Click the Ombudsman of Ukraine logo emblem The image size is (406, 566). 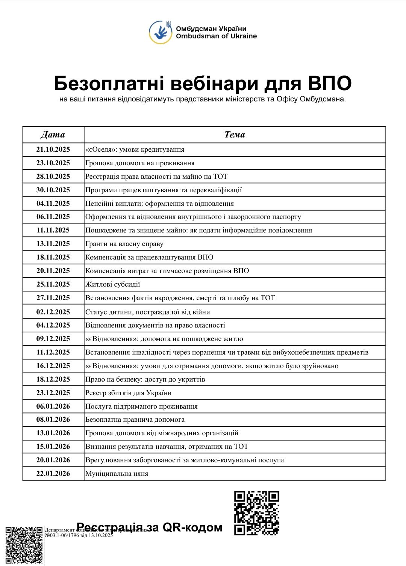tap(161, 32)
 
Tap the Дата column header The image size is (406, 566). tap(53, 134)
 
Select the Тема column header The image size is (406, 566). tap(235, 134)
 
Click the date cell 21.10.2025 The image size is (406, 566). tap(53, 149)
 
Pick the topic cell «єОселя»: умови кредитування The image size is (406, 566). tap(135, 149)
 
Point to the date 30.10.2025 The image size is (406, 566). tap(53, 190)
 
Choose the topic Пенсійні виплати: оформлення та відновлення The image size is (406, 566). tap(159, 204)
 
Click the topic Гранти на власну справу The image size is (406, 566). tap(124, 244)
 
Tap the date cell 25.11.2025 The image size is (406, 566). tap(53, 284)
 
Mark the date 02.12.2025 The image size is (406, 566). tap(53, 312)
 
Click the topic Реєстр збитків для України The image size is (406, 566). tap(128, 393)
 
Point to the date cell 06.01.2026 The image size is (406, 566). tap(53, 406)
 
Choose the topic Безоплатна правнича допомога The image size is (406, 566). tap(135, 420)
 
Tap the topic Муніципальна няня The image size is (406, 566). tap(117, 474)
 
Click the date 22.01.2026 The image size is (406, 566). tap(53, 474)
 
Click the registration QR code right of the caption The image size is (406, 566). tap(256, 513)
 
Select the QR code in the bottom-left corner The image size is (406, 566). tap(24, 546)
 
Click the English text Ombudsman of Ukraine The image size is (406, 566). tap(216, 36)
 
